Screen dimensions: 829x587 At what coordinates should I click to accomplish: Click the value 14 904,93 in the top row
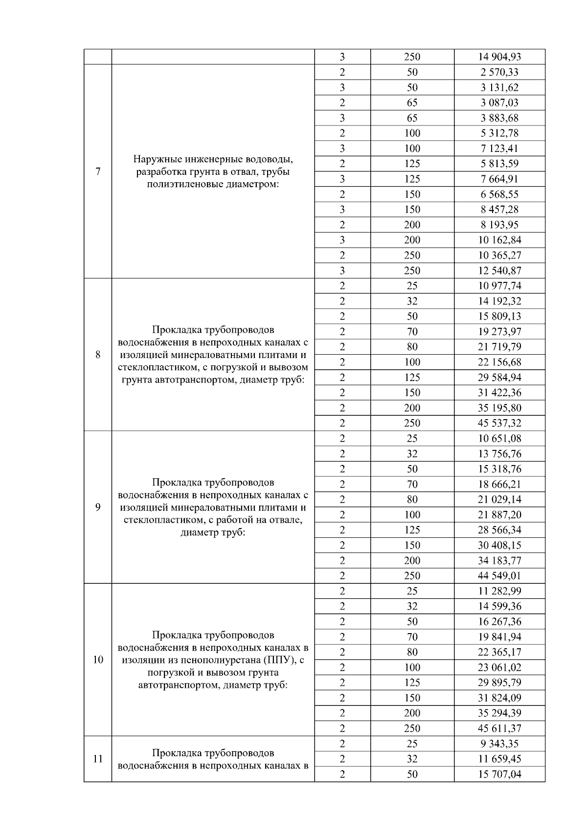(499, 57)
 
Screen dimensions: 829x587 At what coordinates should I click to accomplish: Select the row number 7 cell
(98, 171)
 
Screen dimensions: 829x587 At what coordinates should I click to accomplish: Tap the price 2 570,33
(499, 72)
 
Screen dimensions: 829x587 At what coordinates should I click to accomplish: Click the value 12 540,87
(499, 271)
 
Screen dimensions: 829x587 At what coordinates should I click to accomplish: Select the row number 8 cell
(98, 355)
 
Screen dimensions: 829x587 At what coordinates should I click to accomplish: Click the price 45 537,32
(499, 423)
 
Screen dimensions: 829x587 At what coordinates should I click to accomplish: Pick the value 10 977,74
(499, 286)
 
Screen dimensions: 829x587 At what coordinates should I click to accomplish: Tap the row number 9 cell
(98, 507)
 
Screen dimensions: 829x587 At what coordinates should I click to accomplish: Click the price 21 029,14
(499, 499)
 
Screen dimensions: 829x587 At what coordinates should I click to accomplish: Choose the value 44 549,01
(499, 575)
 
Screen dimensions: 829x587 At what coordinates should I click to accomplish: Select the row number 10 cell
(98, 660)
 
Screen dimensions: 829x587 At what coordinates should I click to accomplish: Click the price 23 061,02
(499, 667)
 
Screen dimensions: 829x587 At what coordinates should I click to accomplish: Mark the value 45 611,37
(499, 728)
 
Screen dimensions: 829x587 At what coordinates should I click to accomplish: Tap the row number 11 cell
(98, 759)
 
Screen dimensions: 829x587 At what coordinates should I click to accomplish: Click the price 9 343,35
(499, 744)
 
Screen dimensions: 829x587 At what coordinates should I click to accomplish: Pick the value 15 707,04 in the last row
(499, 774)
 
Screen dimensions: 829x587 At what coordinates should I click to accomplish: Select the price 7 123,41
(499, 149)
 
